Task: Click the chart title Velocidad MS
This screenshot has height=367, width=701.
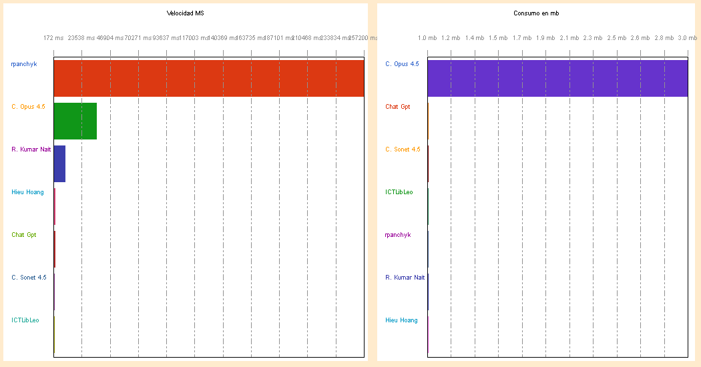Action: point(186,13)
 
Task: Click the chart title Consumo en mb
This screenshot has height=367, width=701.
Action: point(536,13)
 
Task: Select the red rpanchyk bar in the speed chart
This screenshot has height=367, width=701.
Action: point(209,78)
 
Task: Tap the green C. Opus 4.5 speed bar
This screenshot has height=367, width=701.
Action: point(75,121)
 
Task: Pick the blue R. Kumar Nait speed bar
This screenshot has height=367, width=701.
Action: point(59,163)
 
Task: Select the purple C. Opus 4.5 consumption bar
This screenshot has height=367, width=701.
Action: point(557,78)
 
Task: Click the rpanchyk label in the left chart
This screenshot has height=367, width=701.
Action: point(23,64)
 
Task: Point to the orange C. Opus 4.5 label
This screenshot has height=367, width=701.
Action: point(28,107)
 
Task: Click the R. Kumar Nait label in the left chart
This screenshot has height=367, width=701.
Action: point(31,149)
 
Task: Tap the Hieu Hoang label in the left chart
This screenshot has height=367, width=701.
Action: point(27,192)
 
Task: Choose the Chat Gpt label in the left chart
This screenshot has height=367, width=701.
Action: point(24,235)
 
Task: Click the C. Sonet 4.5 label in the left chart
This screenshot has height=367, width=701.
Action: point(29,278)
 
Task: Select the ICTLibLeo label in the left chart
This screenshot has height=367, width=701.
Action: point(25,320)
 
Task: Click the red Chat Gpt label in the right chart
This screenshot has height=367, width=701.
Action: point(398,107)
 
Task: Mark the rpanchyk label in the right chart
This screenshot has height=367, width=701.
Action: point(398,235)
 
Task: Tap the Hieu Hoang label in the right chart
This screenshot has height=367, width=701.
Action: point(401,320)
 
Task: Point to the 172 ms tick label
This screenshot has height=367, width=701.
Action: point(53,38)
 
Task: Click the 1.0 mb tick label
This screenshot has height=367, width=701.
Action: point(427,38)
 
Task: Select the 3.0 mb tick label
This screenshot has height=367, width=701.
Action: point(688,38)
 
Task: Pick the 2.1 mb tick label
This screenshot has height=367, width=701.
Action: point(569,38)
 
